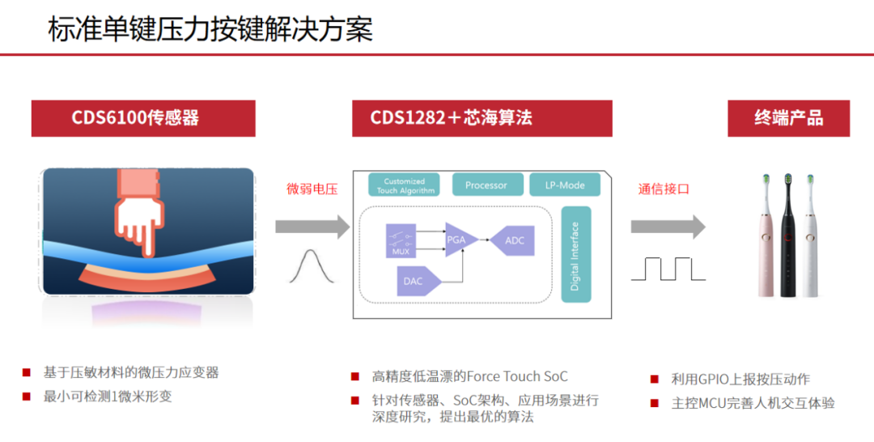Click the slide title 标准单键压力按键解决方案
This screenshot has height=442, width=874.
pos(210,29)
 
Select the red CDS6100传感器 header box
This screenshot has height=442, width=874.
pos(143,118)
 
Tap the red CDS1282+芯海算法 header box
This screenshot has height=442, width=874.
pos(482,118)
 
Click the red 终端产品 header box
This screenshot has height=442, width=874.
pos(788,118)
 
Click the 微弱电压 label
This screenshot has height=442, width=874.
pos(312,189)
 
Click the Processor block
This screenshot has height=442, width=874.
pos(486,185)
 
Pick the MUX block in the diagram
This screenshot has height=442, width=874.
pos(401,241)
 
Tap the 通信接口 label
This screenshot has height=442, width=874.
pos(663,189)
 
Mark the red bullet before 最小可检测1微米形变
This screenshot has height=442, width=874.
pos(27,397)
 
